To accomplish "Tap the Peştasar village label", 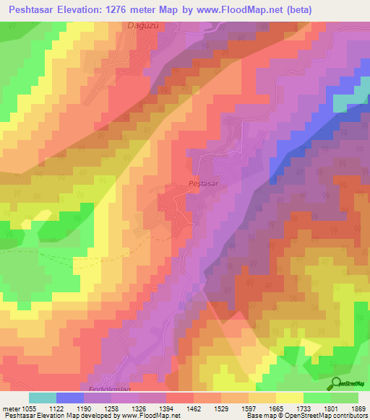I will point(203,184).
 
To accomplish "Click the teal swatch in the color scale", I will point(43,398).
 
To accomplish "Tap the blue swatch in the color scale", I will point(70,398).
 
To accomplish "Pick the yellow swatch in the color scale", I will point(290,398).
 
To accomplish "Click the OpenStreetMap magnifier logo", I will point(335,383).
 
